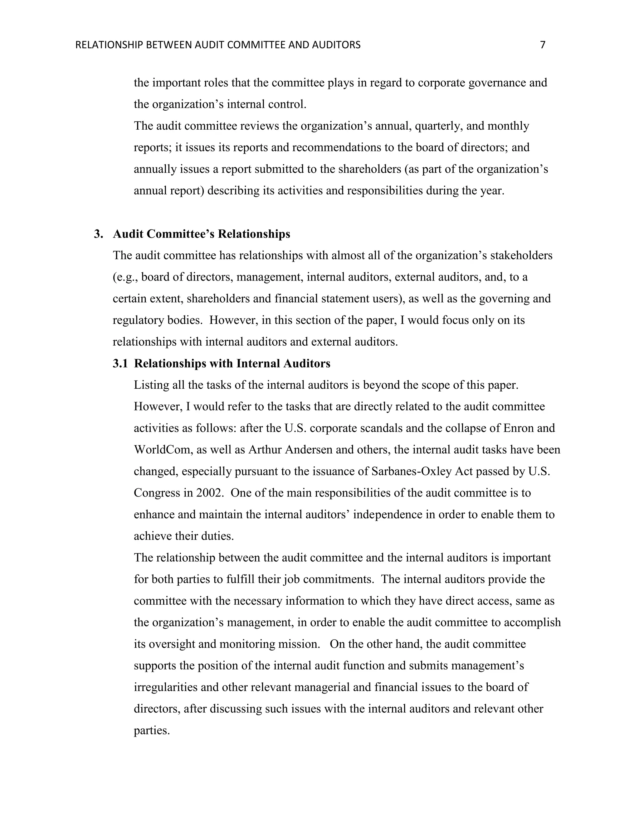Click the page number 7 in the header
[x=543, y=45]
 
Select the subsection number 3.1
[x=120, y=363]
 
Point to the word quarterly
[x=438, y=126]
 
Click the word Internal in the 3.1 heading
[x=258, y=363]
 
